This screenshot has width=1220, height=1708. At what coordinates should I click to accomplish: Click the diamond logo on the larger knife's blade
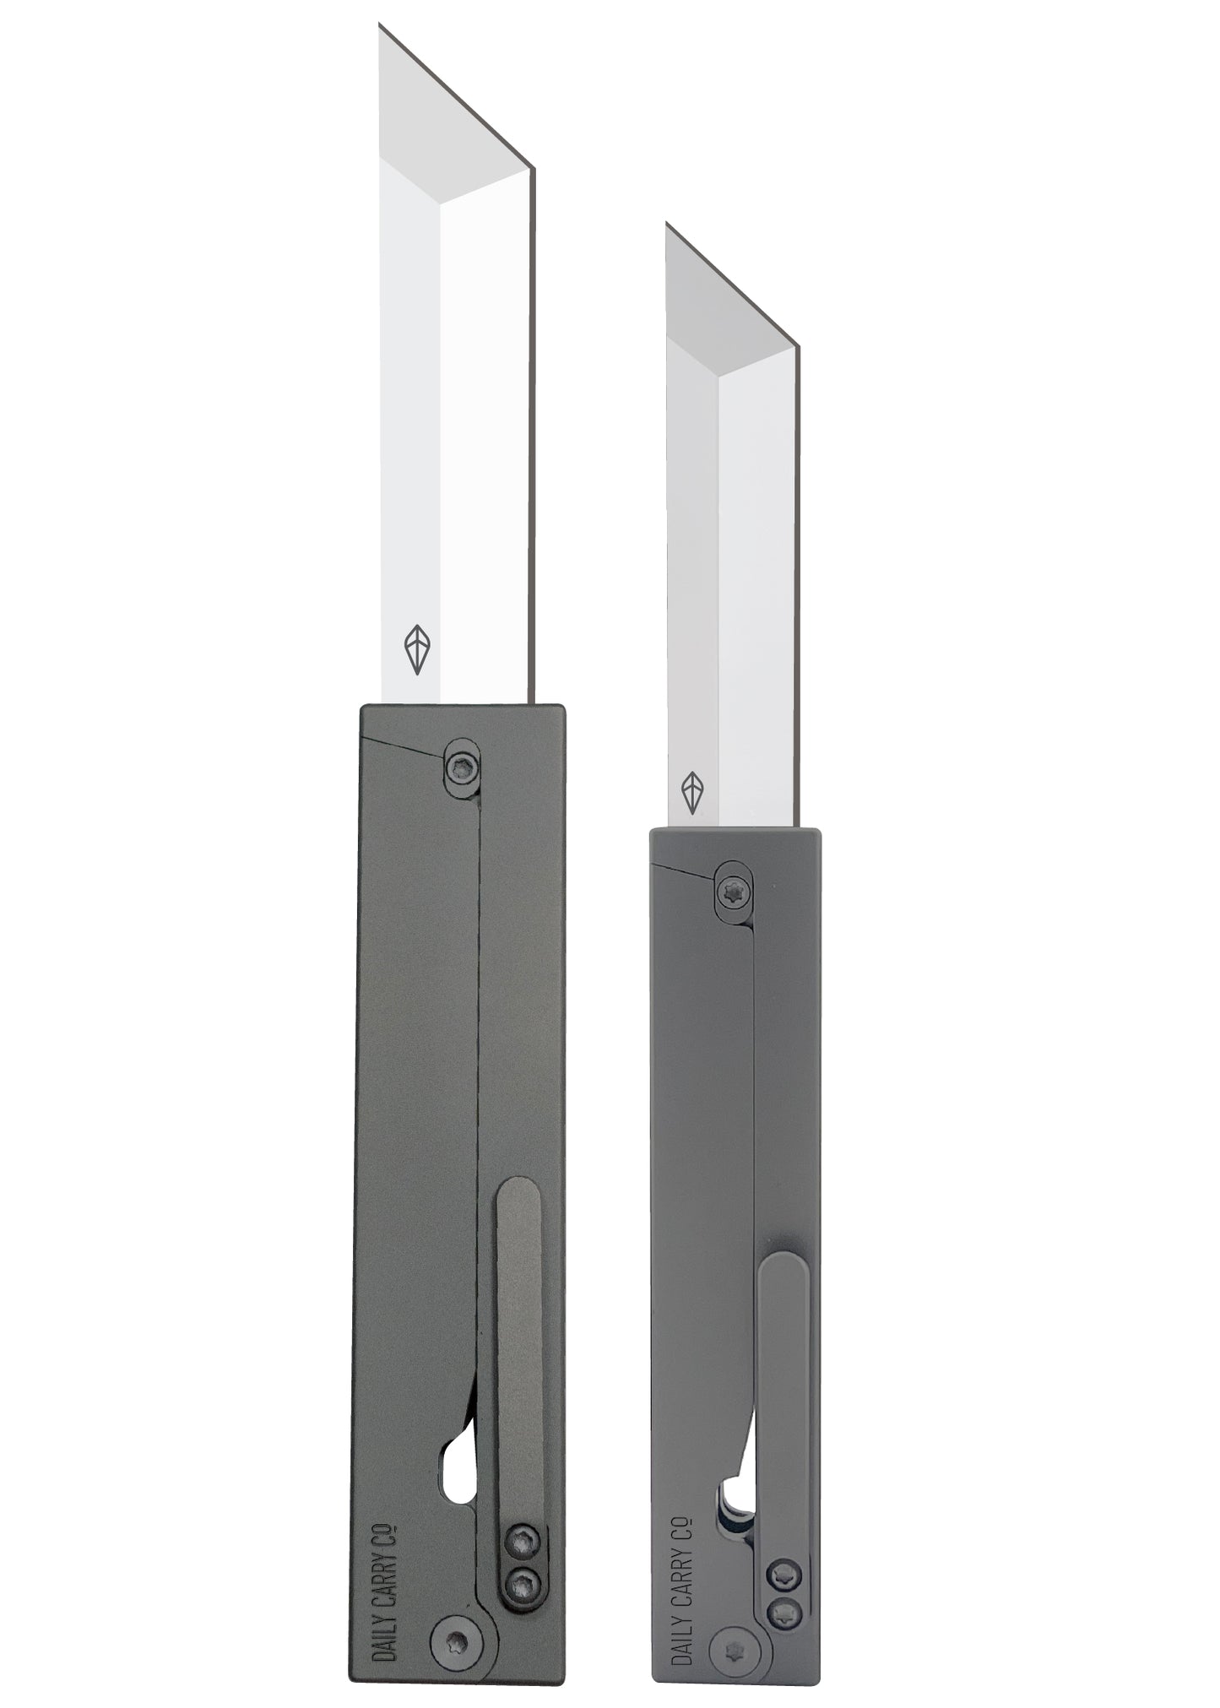tap(415, 649)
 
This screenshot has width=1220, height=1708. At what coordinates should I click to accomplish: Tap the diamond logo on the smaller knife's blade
tap(692, 791)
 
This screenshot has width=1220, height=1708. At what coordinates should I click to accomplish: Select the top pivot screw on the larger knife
tap(463, 767)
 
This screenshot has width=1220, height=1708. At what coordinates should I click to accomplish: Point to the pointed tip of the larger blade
tap(380, 27)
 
